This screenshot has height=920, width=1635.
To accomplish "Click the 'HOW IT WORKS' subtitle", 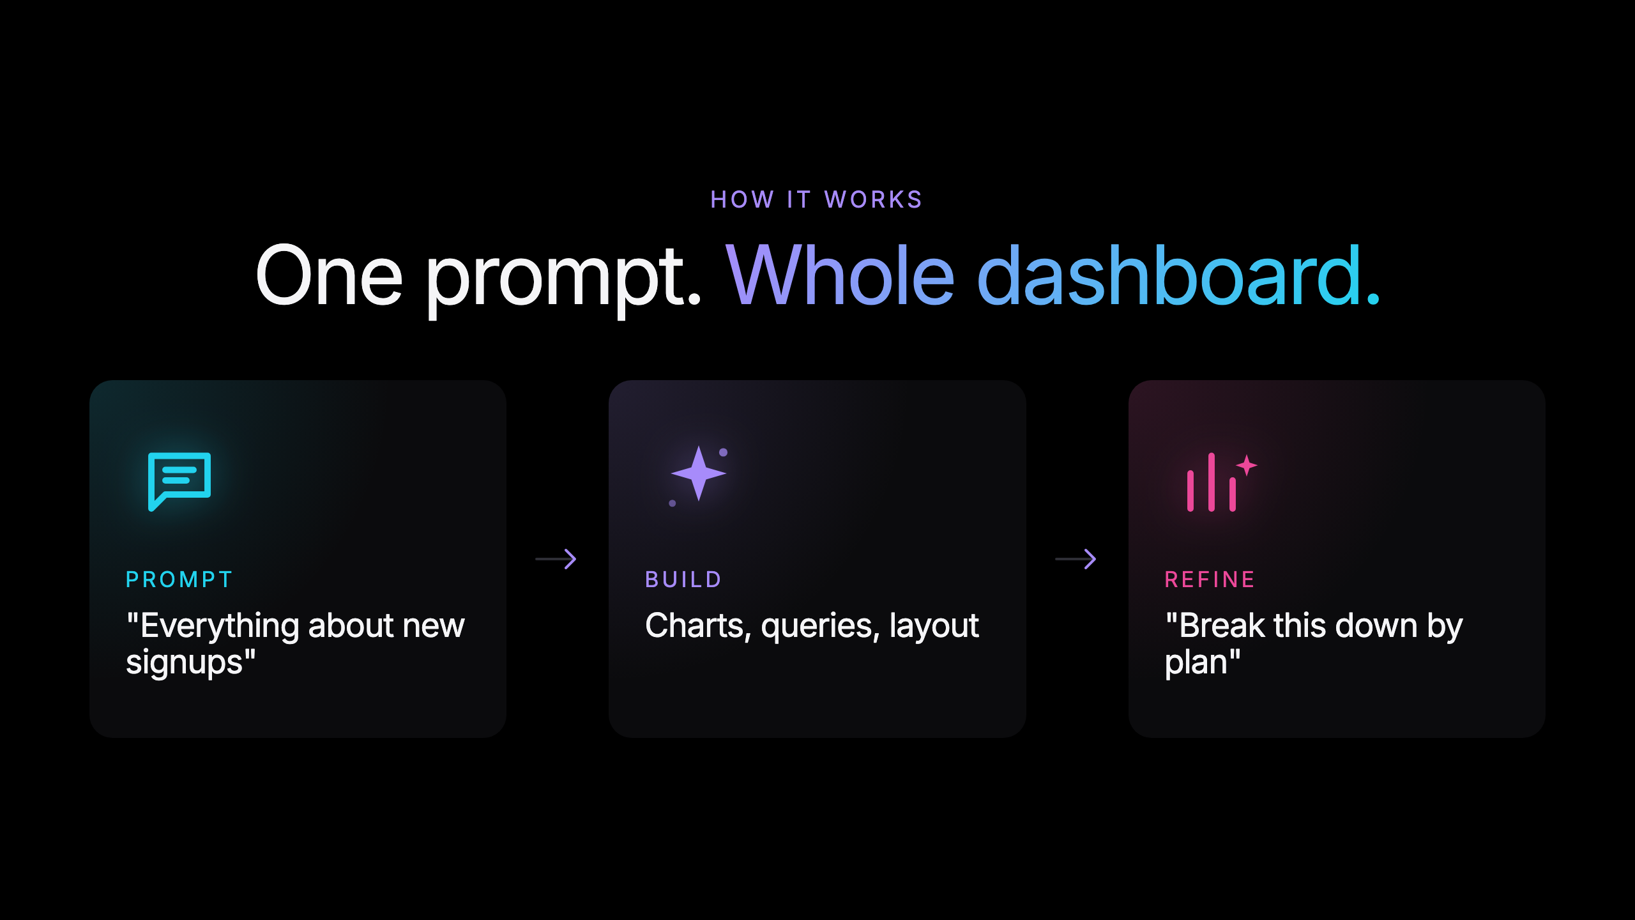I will tap(816, 200).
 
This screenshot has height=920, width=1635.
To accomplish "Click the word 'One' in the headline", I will tap(329, 276).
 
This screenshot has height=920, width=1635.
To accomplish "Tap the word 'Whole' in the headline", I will tap(840, 276).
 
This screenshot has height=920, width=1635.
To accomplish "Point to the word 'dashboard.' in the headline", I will tap(1178, 276).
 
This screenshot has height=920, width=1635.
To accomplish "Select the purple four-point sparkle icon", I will tap(699, 473).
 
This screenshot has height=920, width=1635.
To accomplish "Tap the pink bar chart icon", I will tap(1212, 483).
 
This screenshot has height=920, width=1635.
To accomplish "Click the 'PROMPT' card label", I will tap(179, 579).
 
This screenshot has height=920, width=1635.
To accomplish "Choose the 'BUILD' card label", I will tap(683, 579).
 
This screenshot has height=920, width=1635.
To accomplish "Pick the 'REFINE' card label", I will tap(1210, 579).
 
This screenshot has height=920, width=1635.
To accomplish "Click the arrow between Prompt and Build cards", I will tap(556, 559).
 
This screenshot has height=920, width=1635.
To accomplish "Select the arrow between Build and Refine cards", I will tap(1076, 559).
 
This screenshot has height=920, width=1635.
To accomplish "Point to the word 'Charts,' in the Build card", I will tap(698, 626).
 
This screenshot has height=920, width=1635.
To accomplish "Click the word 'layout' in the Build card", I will tap(934, 626).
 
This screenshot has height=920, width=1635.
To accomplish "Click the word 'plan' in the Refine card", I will tap(1196, 663).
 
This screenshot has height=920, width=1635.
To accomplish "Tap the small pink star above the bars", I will tap(1246, 465).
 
